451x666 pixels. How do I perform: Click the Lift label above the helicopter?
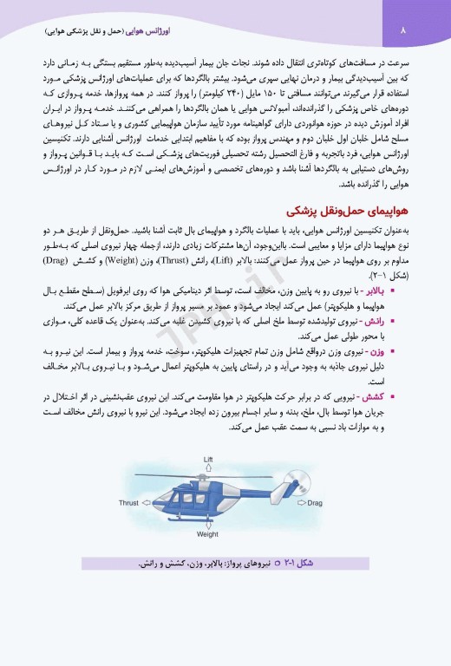208,458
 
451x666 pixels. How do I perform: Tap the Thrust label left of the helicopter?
129,501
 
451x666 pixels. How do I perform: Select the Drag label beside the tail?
314,502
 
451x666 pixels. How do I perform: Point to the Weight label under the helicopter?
207,534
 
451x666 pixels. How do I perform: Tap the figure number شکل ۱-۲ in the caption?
295,565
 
